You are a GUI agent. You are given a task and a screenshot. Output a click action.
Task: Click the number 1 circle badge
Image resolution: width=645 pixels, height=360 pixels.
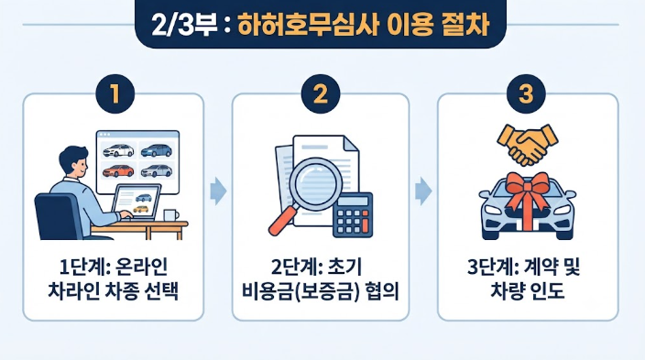[x=115, y=93]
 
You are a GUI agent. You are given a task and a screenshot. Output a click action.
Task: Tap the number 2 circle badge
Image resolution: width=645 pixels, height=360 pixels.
[x=321, y=93]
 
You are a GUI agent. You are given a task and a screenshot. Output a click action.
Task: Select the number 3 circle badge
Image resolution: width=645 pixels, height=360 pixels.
[x=526, y=93]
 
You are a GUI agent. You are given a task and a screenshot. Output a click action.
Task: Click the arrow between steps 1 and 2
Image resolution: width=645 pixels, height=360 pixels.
[x=218, y=191]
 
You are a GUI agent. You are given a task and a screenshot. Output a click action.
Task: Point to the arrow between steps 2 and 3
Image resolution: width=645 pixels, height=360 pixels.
[x=423, y=191]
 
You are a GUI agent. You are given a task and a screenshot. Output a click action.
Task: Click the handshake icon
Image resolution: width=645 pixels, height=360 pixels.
[x=528, y=145]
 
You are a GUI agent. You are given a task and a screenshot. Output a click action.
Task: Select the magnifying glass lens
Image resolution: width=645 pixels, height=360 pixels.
[x=316, y=184]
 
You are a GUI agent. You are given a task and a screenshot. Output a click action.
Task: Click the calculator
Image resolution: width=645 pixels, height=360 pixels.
[x=353, y=214]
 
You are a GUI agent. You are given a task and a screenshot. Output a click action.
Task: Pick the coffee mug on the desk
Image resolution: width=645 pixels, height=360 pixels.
[x=170, y=215]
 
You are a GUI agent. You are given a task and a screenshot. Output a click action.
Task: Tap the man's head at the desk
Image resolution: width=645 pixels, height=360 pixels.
[x=74, y=161]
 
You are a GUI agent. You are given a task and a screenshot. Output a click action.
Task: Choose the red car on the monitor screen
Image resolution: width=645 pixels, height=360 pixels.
[x=118, y=170]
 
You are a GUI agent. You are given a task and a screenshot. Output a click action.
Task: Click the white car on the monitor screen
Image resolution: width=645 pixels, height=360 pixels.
[x=118, y=150]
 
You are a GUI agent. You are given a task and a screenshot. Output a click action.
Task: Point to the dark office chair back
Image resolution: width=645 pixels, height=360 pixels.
[x=59, y=216]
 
